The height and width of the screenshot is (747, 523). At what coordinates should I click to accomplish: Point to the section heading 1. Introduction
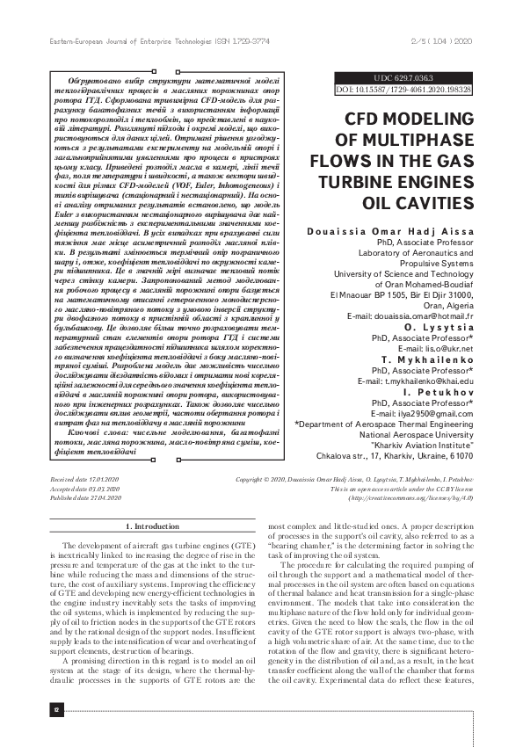(153, 526)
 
